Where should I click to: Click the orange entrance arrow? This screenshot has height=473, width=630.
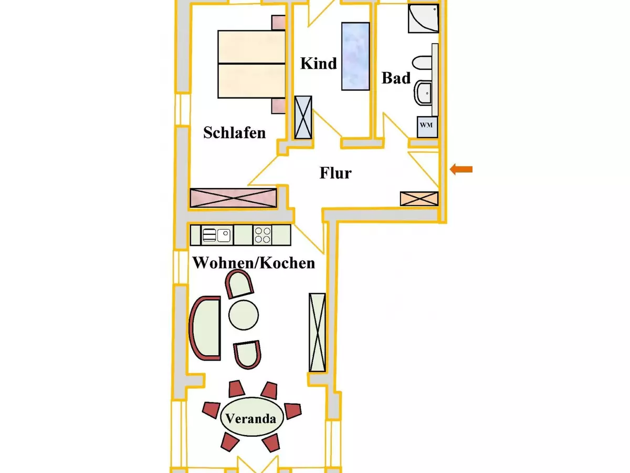tap(461, 169)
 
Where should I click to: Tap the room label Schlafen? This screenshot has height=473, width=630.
tap(235, 132)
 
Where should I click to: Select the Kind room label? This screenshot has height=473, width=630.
tap(318, 64)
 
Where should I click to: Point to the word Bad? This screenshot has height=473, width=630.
tap(396, 78)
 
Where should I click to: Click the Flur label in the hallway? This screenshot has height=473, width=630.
tap(335, 173)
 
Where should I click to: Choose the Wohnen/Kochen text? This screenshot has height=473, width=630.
tap(254, 263)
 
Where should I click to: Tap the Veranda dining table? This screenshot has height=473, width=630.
tap(251, 417)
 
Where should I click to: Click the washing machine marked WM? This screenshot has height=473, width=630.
tap(427, 127)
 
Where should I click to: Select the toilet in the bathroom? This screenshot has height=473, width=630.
tap(422, 63)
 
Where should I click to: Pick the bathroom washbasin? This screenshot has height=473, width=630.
tap(423, 94)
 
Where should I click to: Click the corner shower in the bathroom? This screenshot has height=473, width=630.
tap(423, 18)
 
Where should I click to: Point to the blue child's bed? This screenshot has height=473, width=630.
tap(355, 56)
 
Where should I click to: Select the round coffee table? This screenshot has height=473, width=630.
tap(244, 315)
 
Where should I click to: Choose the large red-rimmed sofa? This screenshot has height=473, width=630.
tap(205, 328)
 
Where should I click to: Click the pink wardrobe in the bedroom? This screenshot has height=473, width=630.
tap(233, 198)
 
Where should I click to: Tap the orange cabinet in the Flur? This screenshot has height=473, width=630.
tap(419, 199)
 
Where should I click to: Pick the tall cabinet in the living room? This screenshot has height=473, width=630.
tap(317, 332)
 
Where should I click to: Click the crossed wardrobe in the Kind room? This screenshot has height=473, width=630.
tap(303, 117)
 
